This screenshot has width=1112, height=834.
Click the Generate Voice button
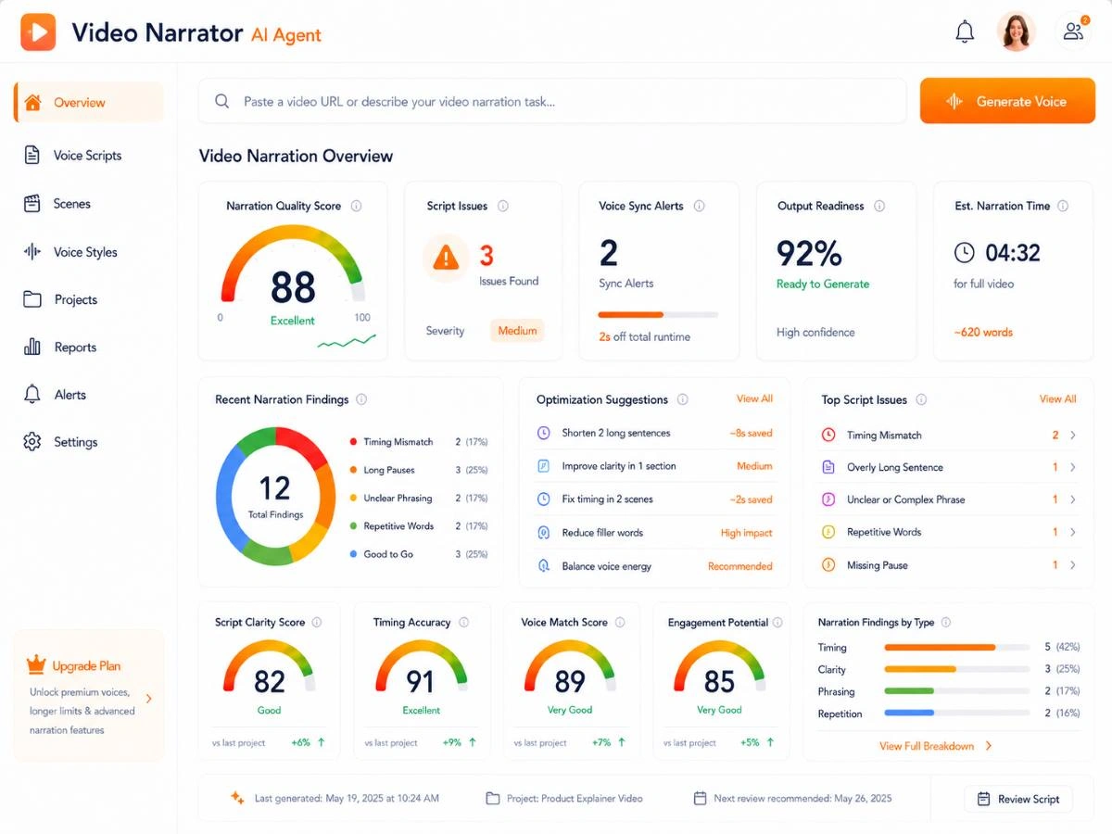coord(1007,101)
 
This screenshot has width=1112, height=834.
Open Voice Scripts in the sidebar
coord(87,156)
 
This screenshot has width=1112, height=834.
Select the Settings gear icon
coord(32,442)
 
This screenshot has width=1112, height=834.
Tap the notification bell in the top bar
coord(965,32)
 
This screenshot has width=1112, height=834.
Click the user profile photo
coord(1016,32)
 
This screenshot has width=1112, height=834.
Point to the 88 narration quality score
coord(293,286)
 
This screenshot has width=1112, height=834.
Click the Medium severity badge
coord(517,331)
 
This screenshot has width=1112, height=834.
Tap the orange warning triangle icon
coord(446,258)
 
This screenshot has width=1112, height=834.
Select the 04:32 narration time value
coord(1013,253)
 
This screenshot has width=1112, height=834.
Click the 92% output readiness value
coord(809,253)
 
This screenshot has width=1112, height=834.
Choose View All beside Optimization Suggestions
coord(754,398)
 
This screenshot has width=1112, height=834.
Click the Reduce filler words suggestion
coord(602,533)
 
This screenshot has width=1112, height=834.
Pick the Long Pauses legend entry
coord(389,470)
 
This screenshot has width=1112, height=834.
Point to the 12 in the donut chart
coord(274,488)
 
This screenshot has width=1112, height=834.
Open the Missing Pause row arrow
coord(1072,564)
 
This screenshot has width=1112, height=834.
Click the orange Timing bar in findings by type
coord(940,647)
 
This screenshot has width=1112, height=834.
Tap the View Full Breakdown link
coord(927,746)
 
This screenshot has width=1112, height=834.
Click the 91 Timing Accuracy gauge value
coord(420,682)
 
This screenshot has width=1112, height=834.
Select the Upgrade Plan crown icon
coord(36,664)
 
